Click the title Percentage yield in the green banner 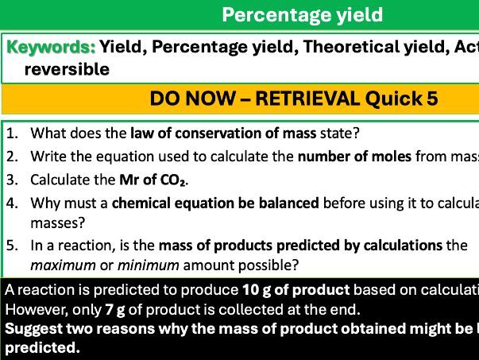coord(301,14)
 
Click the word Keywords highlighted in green coord(51,48)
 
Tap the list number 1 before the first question coord(12,134)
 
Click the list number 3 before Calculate coord(12,180)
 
